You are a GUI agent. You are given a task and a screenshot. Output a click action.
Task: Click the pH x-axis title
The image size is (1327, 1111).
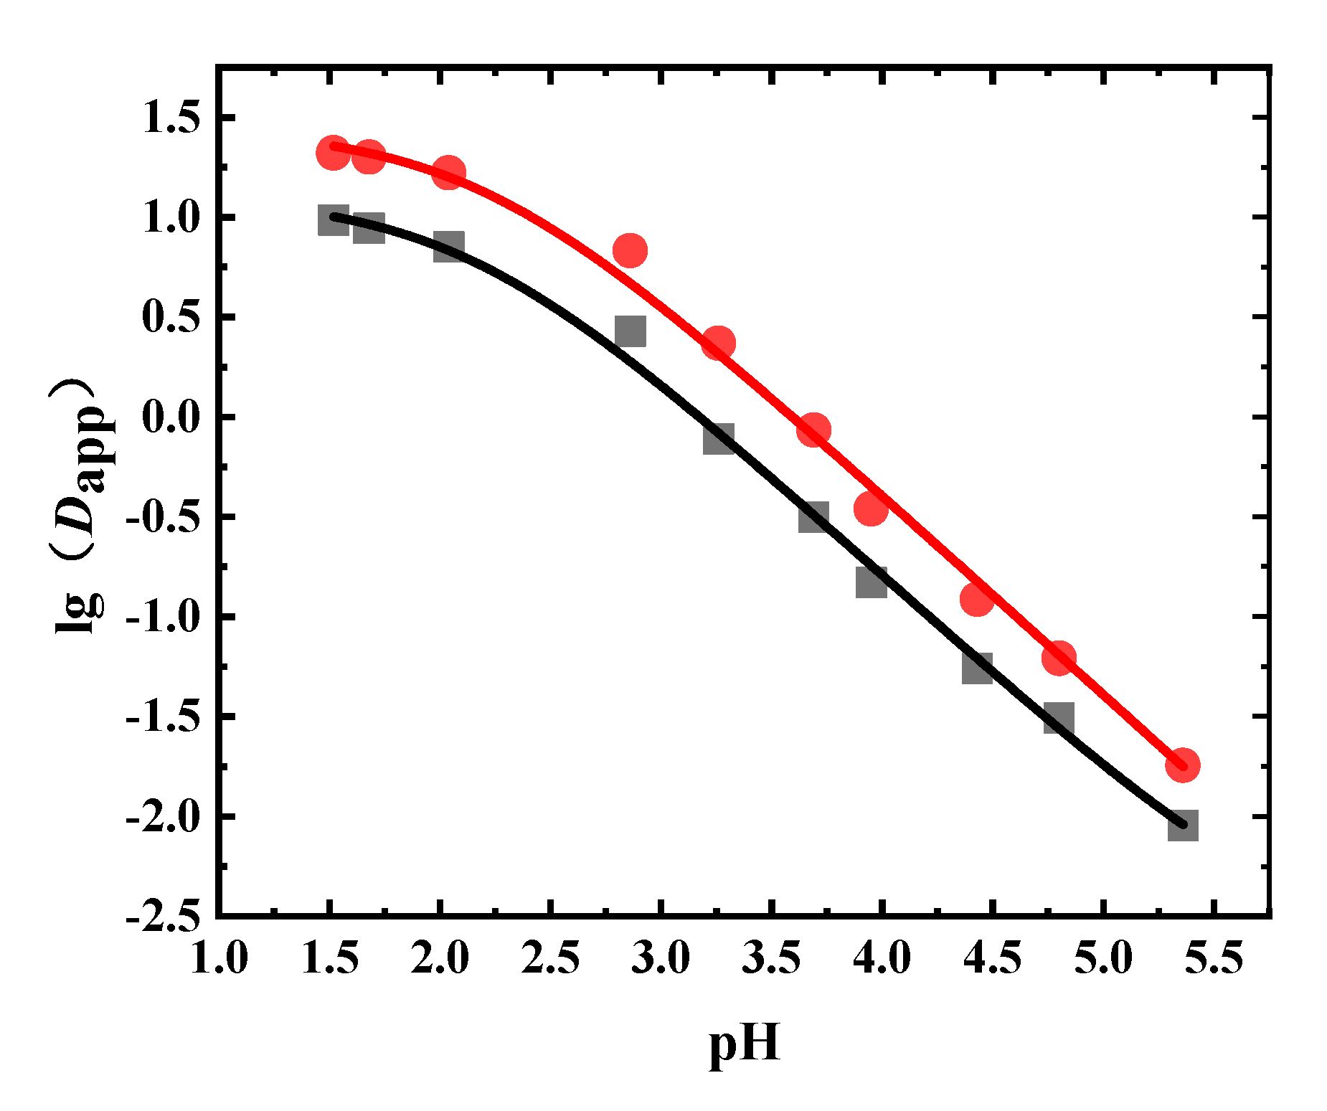744,1045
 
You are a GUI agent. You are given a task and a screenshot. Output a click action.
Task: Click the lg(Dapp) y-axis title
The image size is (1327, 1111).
80,506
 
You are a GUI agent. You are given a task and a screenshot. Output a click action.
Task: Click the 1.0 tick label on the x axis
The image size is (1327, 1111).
219,958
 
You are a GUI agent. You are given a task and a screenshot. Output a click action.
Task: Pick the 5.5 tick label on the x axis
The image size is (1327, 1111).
1213,958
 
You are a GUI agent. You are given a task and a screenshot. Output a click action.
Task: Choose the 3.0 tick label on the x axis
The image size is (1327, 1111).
661,958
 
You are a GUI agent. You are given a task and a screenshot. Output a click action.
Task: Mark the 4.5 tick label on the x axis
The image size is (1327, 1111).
992,958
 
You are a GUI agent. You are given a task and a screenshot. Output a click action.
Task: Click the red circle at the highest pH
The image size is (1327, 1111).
1182,765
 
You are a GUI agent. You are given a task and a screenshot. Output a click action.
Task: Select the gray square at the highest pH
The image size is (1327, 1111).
1182,826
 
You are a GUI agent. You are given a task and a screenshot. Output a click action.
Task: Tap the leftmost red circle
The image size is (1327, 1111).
333,152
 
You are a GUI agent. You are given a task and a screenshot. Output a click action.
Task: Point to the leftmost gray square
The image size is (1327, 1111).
333,220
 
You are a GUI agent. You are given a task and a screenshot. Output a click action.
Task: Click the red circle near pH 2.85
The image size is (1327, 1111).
631,250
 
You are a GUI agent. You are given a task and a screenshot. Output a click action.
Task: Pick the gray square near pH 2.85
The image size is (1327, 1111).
631,331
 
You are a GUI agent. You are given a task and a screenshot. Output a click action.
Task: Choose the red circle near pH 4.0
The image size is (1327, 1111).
871,509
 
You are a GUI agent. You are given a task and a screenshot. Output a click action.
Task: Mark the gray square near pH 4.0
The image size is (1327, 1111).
871,582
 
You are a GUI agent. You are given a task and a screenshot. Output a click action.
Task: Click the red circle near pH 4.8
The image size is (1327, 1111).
1059,658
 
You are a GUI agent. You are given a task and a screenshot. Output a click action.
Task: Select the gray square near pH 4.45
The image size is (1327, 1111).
977,668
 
